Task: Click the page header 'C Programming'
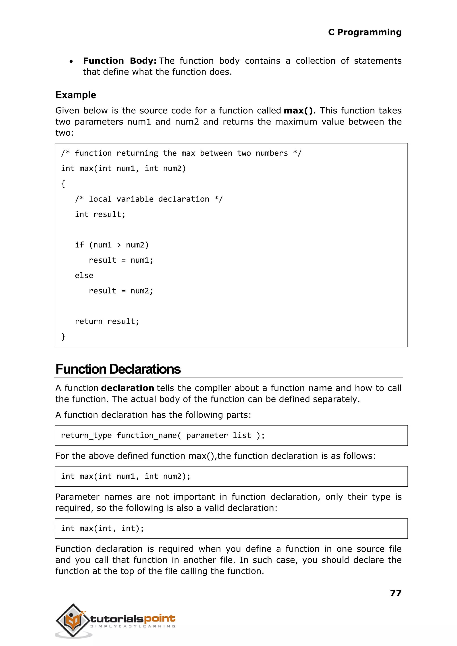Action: pos(364,32)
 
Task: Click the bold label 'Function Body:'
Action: pos(120,61)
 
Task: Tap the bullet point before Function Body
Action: pos(71,61)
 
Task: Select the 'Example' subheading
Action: pos(76,95)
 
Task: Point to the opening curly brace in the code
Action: pos(63,184)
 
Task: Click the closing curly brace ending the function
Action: pos(63,337)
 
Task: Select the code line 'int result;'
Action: pos(100,215)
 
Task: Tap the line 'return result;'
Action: pos(107,321)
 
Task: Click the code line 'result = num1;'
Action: pos(121,260)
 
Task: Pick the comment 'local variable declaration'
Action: pos(149,199)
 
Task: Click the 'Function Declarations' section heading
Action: pos(118,369)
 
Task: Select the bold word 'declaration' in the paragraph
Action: pos(127,388)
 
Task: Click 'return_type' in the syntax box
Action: pos(86,436)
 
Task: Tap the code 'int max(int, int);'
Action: pos(102,528)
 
